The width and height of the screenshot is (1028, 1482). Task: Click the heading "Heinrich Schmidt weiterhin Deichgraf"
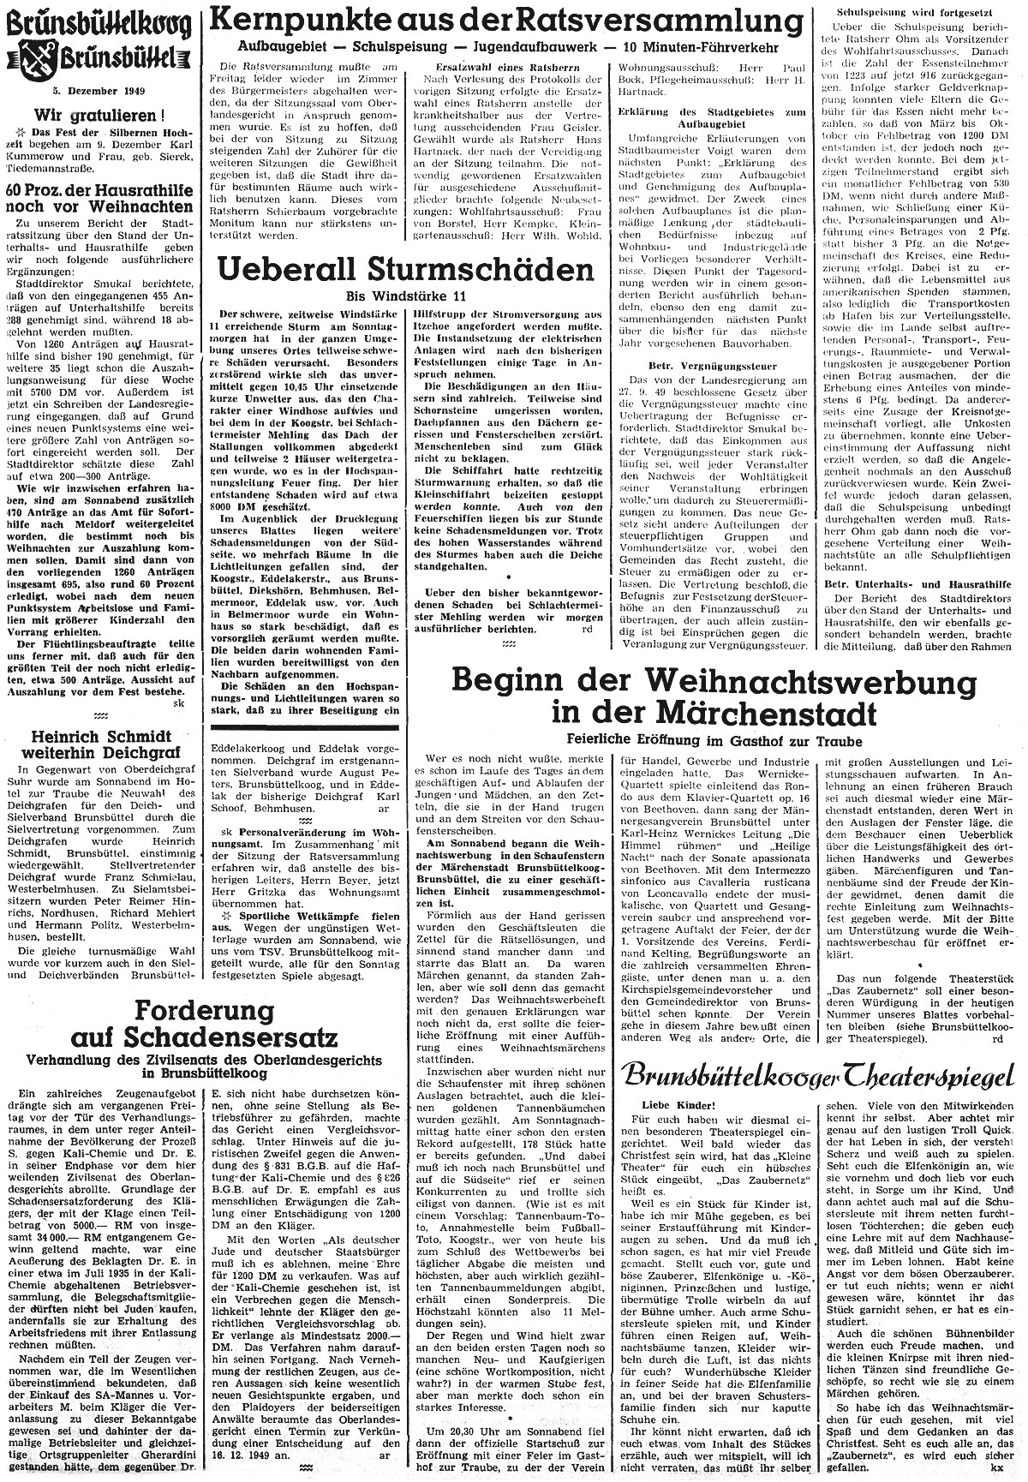coord(100,743)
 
